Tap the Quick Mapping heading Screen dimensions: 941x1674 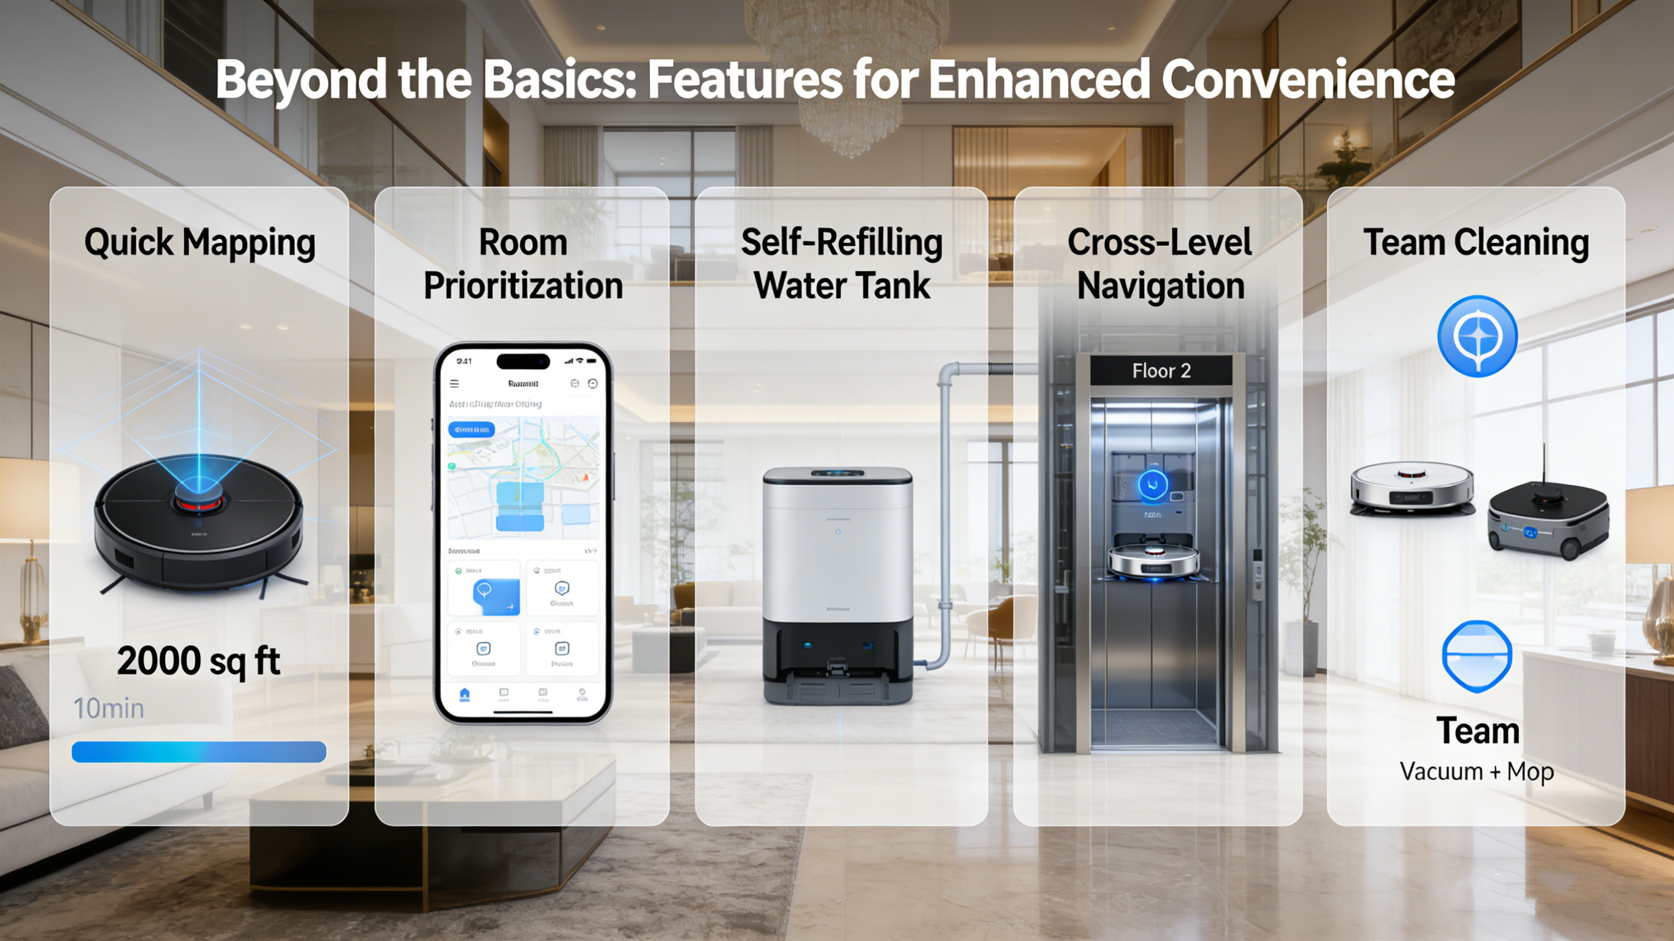pos(199,243)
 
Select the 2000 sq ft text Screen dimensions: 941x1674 pos(198,661)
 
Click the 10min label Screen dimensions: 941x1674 pos(109,708)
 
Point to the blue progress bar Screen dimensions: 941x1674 pos(199,752)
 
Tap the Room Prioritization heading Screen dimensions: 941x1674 pos(523,264)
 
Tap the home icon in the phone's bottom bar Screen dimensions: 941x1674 pos(465,694)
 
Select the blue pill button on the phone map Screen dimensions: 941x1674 pos(471,430)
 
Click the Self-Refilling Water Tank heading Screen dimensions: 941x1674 pos(841,264)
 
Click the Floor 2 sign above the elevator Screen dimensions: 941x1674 pos(1161,371)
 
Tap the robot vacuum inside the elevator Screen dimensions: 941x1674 pos(1153,560)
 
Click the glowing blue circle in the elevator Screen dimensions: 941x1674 pos(1153,484)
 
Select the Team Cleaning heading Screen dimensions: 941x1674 pos(1476,243)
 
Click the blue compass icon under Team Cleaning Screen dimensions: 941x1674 pos(1477,336)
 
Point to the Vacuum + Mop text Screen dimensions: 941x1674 pos(1477,771)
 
